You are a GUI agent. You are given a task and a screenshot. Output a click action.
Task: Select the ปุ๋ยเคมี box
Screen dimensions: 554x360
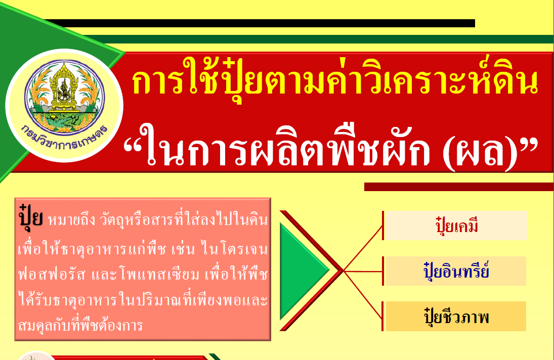(x=455, y=226)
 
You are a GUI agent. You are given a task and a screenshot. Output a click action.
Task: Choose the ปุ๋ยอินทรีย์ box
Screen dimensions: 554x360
(x=455, y=271)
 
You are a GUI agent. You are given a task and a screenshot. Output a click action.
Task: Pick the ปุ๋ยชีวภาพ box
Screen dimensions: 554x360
(x=455, y=316)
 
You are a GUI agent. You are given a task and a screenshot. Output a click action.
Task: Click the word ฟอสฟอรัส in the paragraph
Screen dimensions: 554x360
(x=52, y=274)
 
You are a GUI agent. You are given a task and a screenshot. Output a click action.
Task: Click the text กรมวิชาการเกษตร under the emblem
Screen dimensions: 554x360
(x=64, y=138)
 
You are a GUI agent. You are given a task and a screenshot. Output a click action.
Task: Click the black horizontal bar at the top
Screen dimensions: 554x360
(x=260, y=23)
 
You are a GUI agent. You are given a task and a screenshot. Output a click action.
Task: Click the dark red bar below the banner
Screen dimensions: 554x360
(x=458, y=187)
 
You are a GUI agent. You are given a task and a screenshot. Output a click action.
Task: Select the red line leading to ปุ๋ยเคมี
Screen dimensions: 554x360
(x=363, y=248)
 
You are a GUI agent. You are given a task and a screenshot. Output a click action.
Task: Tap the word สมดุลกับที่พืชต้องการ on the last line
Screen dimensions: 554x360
(x=80, y=325)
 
